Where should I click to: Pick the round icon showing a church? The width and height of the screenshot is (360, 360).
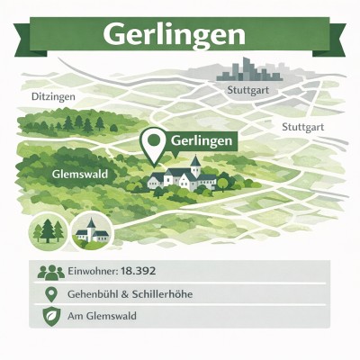coord(91,231)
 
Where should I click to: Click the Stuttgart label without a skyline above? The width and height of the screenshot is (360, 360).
coord(302,127)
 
